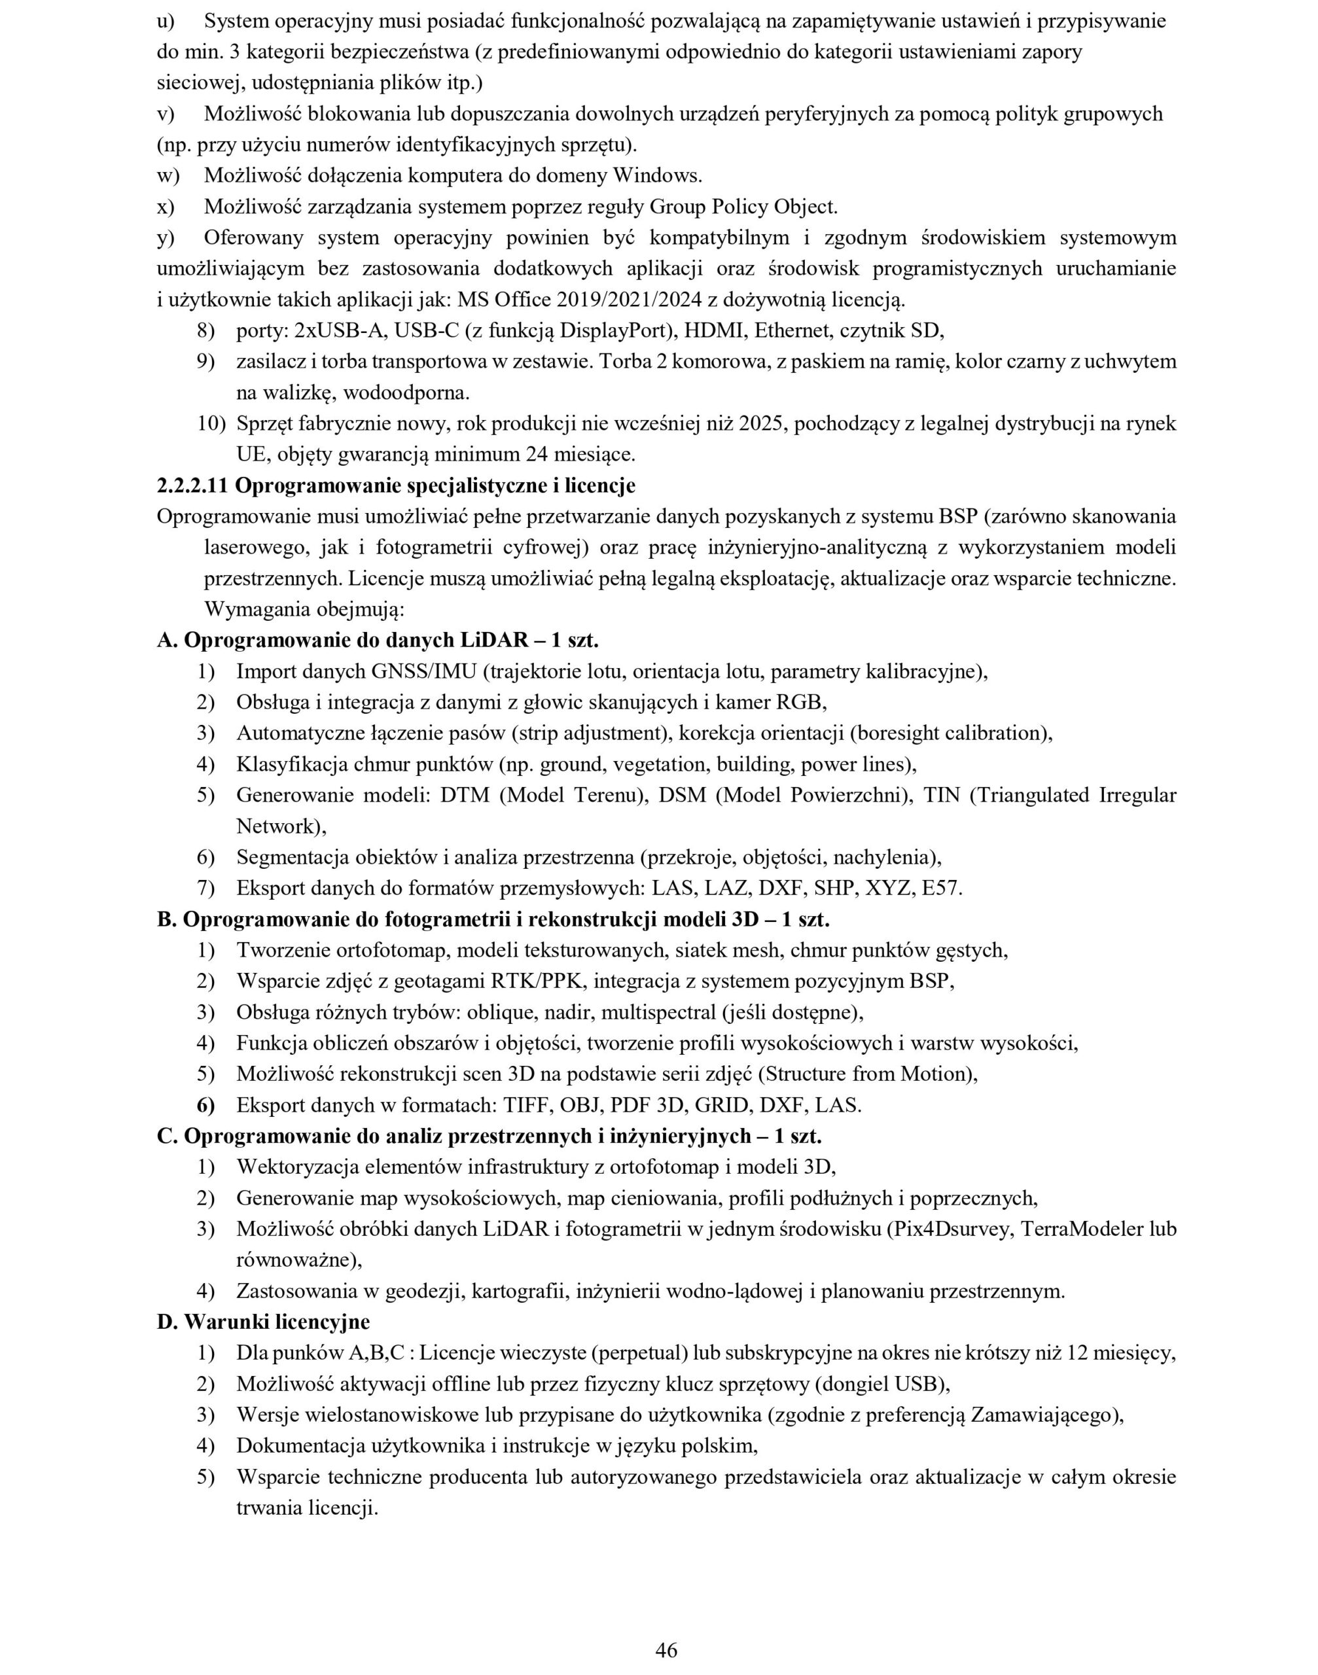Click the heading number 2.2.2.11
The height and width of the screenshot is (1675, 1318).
pyautogui.click(x=193, y=486)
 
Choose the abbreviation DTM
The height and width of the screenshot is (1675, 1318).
pyautogui.click(x=465, y=795)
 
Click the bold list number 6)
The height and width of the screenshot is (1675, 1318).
pyautogui.click(x=205, y=1106)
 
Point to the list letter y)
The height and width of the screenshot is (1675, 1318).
pyautogui.click(x=166, y=238)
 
